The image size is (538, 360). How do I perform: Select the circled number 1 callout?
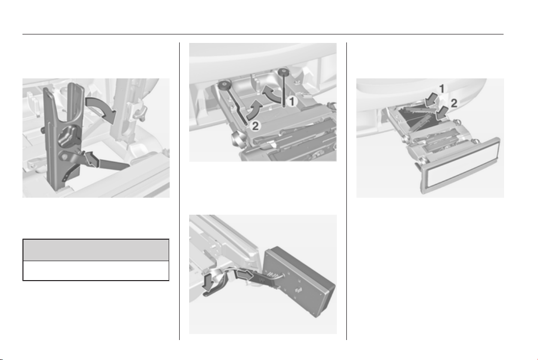(291, 101)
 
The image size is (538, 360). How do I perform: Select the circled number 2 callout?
(256, 126)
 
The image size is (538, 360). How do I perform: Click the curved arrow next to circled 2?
(254, 110)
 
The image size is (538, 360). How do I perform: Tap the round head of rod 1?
(283, 71)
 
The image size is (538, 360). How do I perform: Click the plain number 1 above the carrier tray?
(442, 89)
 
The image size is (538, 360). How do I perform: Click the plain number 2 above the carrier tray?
(454, 103)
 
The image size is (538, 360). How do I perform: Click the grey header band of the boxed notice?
(96, 250)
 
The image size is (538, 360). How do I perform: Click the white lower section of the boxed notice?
(96, 271)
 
